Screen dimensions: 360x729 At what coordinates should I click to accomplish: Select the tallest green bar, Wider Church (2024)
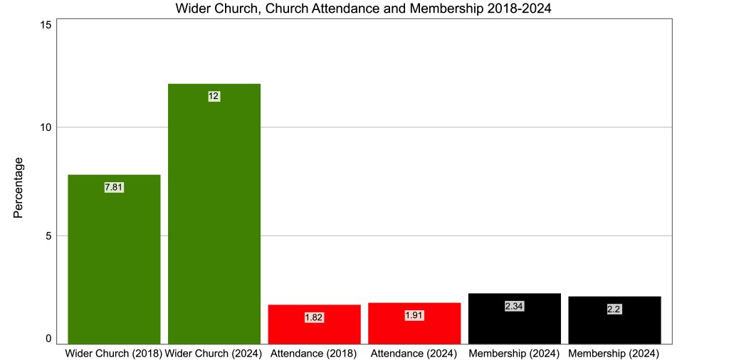(214, 213)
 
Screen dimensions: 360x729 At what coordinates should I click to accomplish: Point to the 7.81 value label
(114, 187)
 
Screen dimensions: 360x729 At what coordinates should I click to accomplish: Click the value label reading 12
(214, 96)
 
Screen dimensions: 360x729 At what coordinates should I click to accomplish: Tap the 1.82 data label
(314, 317)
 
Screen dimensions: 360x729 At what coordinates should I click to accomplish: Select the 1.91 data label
(414, 315)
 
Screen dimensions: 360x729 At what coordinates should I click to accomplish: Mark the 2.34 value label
(514, 306)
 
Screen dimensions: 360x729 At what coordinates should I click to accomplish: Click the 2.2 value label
(614, 309)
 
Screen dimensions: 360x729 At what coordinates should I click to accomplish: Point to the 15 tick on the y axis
(46, 25)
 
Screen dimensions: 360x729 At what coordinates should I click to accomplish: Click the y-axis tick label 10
(46, 127)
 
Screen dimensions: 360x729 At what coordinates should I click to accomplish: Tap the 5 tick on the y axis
(49, 235)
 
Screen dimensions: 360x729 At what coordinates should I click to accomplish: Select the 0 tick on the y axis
(49, 339)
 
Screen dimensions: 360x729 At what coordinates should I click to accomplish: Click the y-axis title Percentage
(19, 188)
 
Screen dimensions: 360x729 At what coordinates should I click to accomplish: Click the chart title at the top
(364, 9)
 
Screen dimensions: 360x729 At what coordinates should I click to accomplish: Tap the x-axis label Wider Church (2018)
(114, 353)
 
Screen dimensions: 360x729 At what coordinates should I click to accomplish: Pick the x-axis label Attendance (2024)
(414, 353)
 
